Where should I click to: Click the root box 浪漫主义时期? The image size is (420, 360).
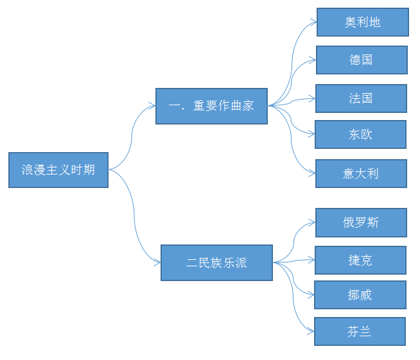click(x=58, y=170)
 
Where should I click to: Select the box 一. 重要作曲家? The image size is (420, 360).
click(x=211, y=106)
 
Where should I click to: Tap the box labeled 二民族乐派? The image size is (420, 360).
click(x=216, y=262)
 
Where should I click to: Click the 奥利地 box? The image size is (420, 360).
click(x=362, y=22)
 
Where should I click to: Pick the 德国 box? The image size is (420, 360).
click(x=361, y=60)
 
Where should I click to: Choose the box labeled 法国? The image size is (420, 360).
click(x=361, y=98)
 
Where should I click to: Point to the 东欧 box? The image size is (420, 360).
click(x=360, y=134)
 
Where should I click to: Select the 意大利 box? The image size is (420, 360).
click(x=361, y=173)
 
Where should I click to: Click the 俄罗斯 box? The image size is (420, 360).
click(x=361, y=223)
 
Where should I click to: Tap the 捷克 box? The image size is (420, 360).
click(x=360, y=260)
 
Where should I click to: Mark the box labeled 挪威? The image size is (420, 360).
click(x=360, y=295)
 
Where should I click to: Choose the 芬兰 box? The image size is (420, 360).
click(x=360, y=331)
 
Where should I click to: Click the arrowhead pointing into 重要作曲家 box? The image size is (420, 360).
click(x=152, y=106)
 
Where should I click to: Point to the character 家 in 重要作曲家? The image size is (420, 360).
click(x=248, y=106)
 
